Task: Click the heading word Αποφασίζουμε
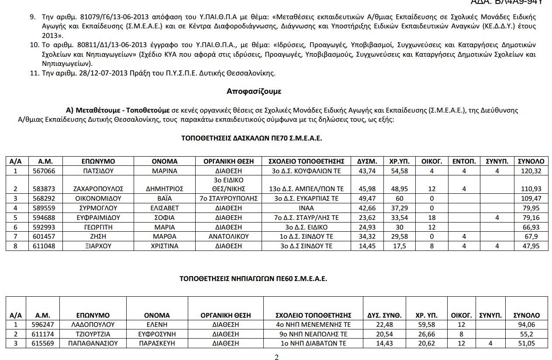[x=254, y=92]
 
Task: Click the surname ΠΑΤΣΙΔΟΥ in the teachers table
[x=98, y=171]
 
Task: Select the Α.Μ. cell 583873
[x=45, y=189]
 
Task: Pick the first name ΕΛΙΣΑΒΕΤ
[x=165, y=208]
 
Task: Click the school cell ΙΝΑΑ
[x=307, y=208]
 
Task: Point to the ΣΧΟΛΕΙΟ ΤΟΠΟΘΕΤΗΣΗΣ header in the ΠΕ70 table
[x=307, y=161]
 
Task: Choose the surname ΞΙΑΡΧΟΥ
[x=98, y=246]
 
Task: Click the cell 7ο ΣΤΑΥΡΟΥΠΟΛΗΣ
[x=228, y=199]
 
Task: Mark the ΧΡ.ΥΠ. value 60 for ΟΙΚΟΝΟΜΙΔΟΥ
[x=399, y=199]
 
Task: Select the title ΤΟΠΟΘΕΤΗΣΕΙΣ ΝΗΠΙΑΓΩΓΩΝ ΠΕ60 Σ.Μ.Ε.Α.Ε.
[x=253, y=278]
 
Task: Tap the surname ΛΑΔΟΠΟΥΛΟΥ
[x=93, y=325]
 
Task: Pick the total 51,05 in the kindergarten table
[x=526, y=343]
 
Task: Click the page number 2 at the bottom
[x=276, y=357]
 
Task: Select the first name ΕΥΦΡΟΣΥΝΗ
[x=157, y=334]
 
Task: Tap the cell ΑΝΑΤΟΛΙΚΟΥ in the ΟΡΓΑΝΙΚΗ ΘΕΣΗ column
[x=228, y=237]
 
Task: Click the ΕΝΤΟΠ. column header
[x=464, y=161]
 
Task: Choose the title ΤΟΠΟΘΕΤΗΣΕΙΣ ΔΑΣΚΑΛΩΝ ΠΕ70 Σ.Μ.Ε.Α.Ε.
[x=252, y=138]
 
